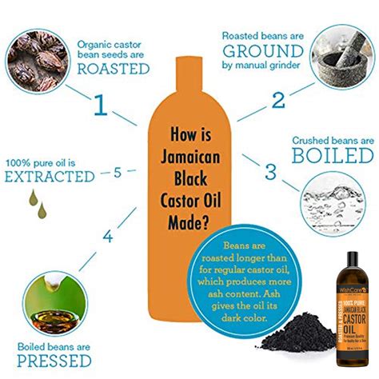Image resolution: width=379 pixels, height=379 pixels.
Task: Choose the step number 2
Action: point(277,100)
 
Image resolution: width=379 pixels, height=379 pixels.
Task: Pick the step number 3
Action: point(269,171)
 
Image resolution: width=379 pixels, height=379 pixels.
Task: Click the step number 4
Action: point(106,237)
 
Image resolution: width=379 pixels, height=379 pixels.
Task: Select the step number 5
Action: point(118,171)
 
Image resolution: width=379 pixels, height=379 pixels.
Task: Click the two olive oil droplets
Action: point(35,204)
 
